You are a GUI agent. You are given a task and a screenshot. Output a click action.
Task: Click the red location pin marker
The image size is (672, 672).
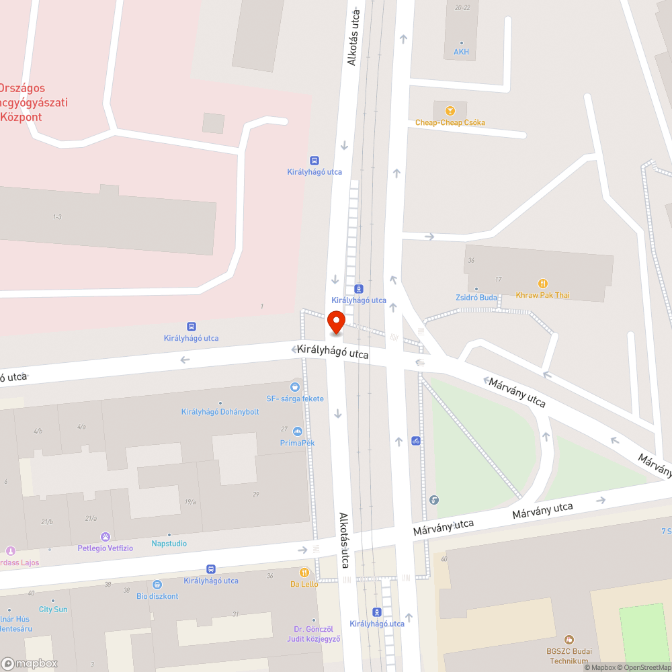tap(335, 322)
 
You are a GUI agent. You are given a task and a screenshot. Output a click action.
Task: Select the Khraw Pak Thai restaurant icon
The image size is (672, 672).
tap(543, 284)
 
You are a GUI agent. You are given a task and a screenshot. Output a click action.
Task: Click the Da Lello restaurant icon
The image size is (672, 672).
tap(304, 572)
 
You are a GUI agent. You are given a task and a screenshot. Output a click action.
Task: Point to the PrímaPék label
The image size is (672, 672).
tap(298, 443)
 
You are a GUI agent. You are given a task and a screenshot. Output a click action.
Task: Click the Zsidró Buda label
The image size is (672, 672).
tap(476, 298)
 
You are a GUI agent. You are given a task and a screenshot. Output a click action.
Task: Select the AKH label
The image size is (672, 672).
tap(461, 52)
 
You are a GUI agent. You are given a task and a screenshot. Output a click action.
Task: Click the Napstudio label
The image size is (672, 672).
tap(169, 543)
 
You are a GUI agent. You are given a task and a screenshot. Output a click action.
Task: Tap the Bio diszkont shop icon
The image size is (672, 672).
tap(157, 585)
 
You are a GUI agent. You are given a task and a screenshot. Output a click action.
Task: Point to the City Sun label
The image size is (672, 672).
tap(53, 610)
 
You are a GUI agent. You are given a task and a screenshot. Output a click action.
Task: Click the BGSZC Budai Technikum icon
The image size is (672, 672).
tap(569, 639)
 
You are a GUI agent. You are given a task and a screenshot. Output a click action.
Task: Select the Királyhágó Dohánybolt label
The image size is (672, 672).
tap(220, 412)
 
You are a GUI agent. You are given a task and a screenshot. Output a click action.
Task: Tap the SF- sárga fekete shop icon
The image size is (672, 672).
tap(294, 387)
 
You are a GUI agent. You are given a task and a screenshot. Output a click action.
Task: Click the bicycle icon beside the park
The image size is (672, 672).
tap(416, 441)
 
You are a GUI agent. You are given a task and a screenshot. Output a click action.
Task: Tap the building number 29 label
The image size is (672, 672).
tap(255, 495)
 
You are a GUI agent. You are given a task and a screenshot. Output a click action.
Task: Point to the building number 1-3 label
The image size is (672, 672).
tap(57, 216)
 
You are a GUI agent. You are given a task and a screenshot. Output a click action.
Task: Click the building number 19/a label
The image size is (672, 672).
tap(190, 501)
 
